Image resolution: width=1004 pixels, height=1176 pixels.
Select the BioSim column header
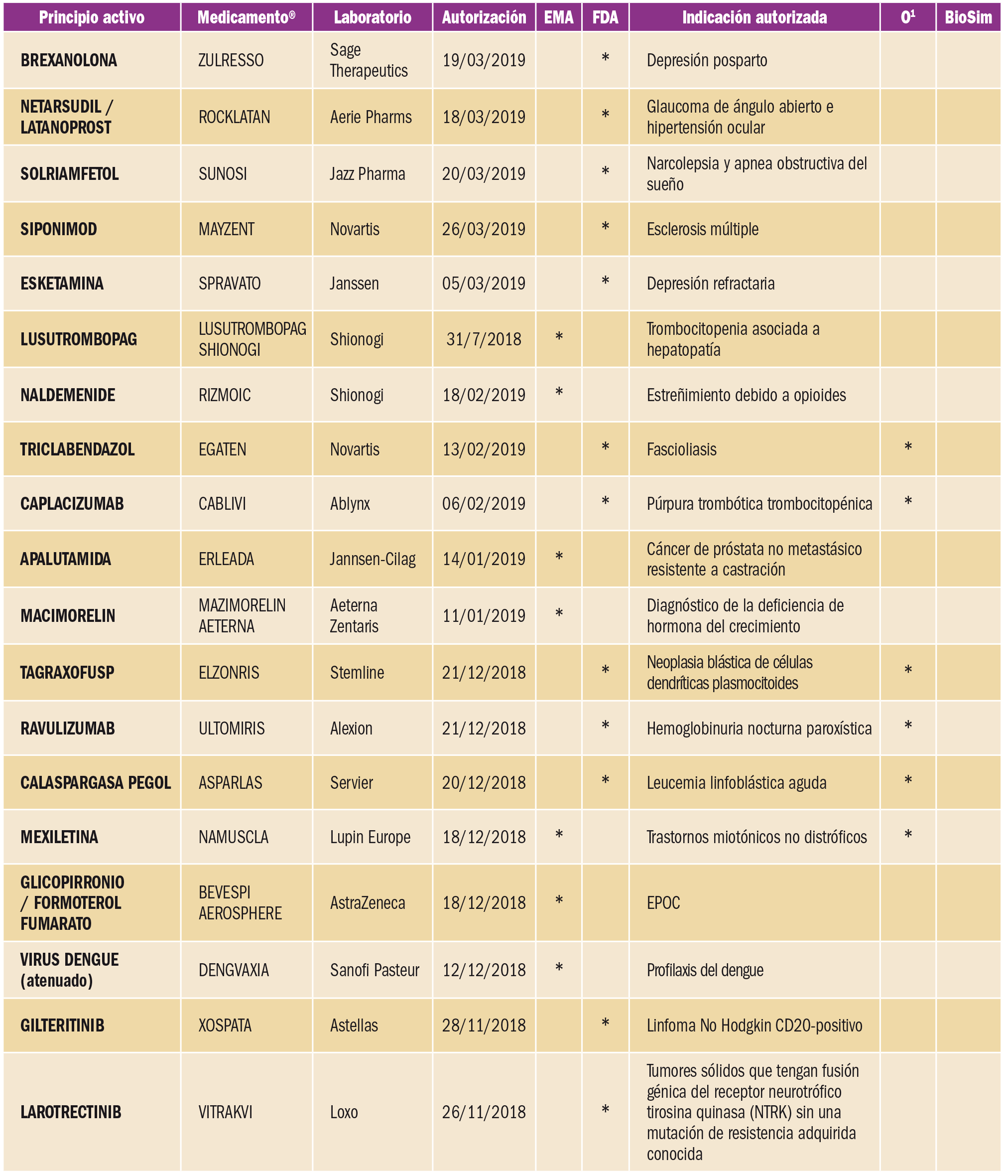[x=968, y=17]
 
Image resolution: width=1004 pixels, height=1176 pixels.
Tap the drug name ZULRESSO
[x=231, y=60]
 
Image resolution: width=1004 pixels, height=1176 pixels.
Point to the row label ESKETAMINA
[x=62, y=283]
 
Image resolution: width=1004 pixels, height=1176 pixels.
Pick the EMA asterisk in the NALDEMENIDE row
[x=559, y=393]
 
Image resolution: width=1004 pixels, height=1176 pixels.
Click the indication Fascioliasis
[x=681, y=449]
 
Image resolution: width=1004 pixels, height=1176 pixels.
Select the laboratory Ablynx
[x=350, y=503]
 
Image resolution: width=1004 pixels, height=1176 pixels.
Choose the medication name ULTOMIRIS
[x=232, y=728]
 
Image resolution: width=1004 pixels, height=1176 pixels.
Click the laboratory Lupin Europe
[x=370, y=837]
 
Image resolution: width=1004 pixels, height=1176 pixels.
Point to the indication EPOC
[x=663, y=902]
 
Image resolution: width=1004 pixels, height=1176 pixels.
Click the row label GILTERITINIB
[x=62, y=1026]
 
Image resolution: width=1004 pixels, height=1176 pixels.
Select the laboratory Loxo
[x=344, y=1112]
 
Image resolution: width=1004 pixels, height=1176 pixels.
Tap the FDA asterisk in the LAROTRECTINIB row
[x=605, y=1110]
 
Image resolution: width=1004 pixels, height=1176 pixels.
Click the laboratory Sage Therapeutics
[x=369, y=60]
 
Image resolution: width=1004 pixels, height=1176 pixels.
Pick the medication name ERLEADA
[x=226, y=559]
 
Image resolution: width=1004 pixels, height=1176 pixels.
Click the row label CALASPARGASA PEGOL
[x=95, y=783]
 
